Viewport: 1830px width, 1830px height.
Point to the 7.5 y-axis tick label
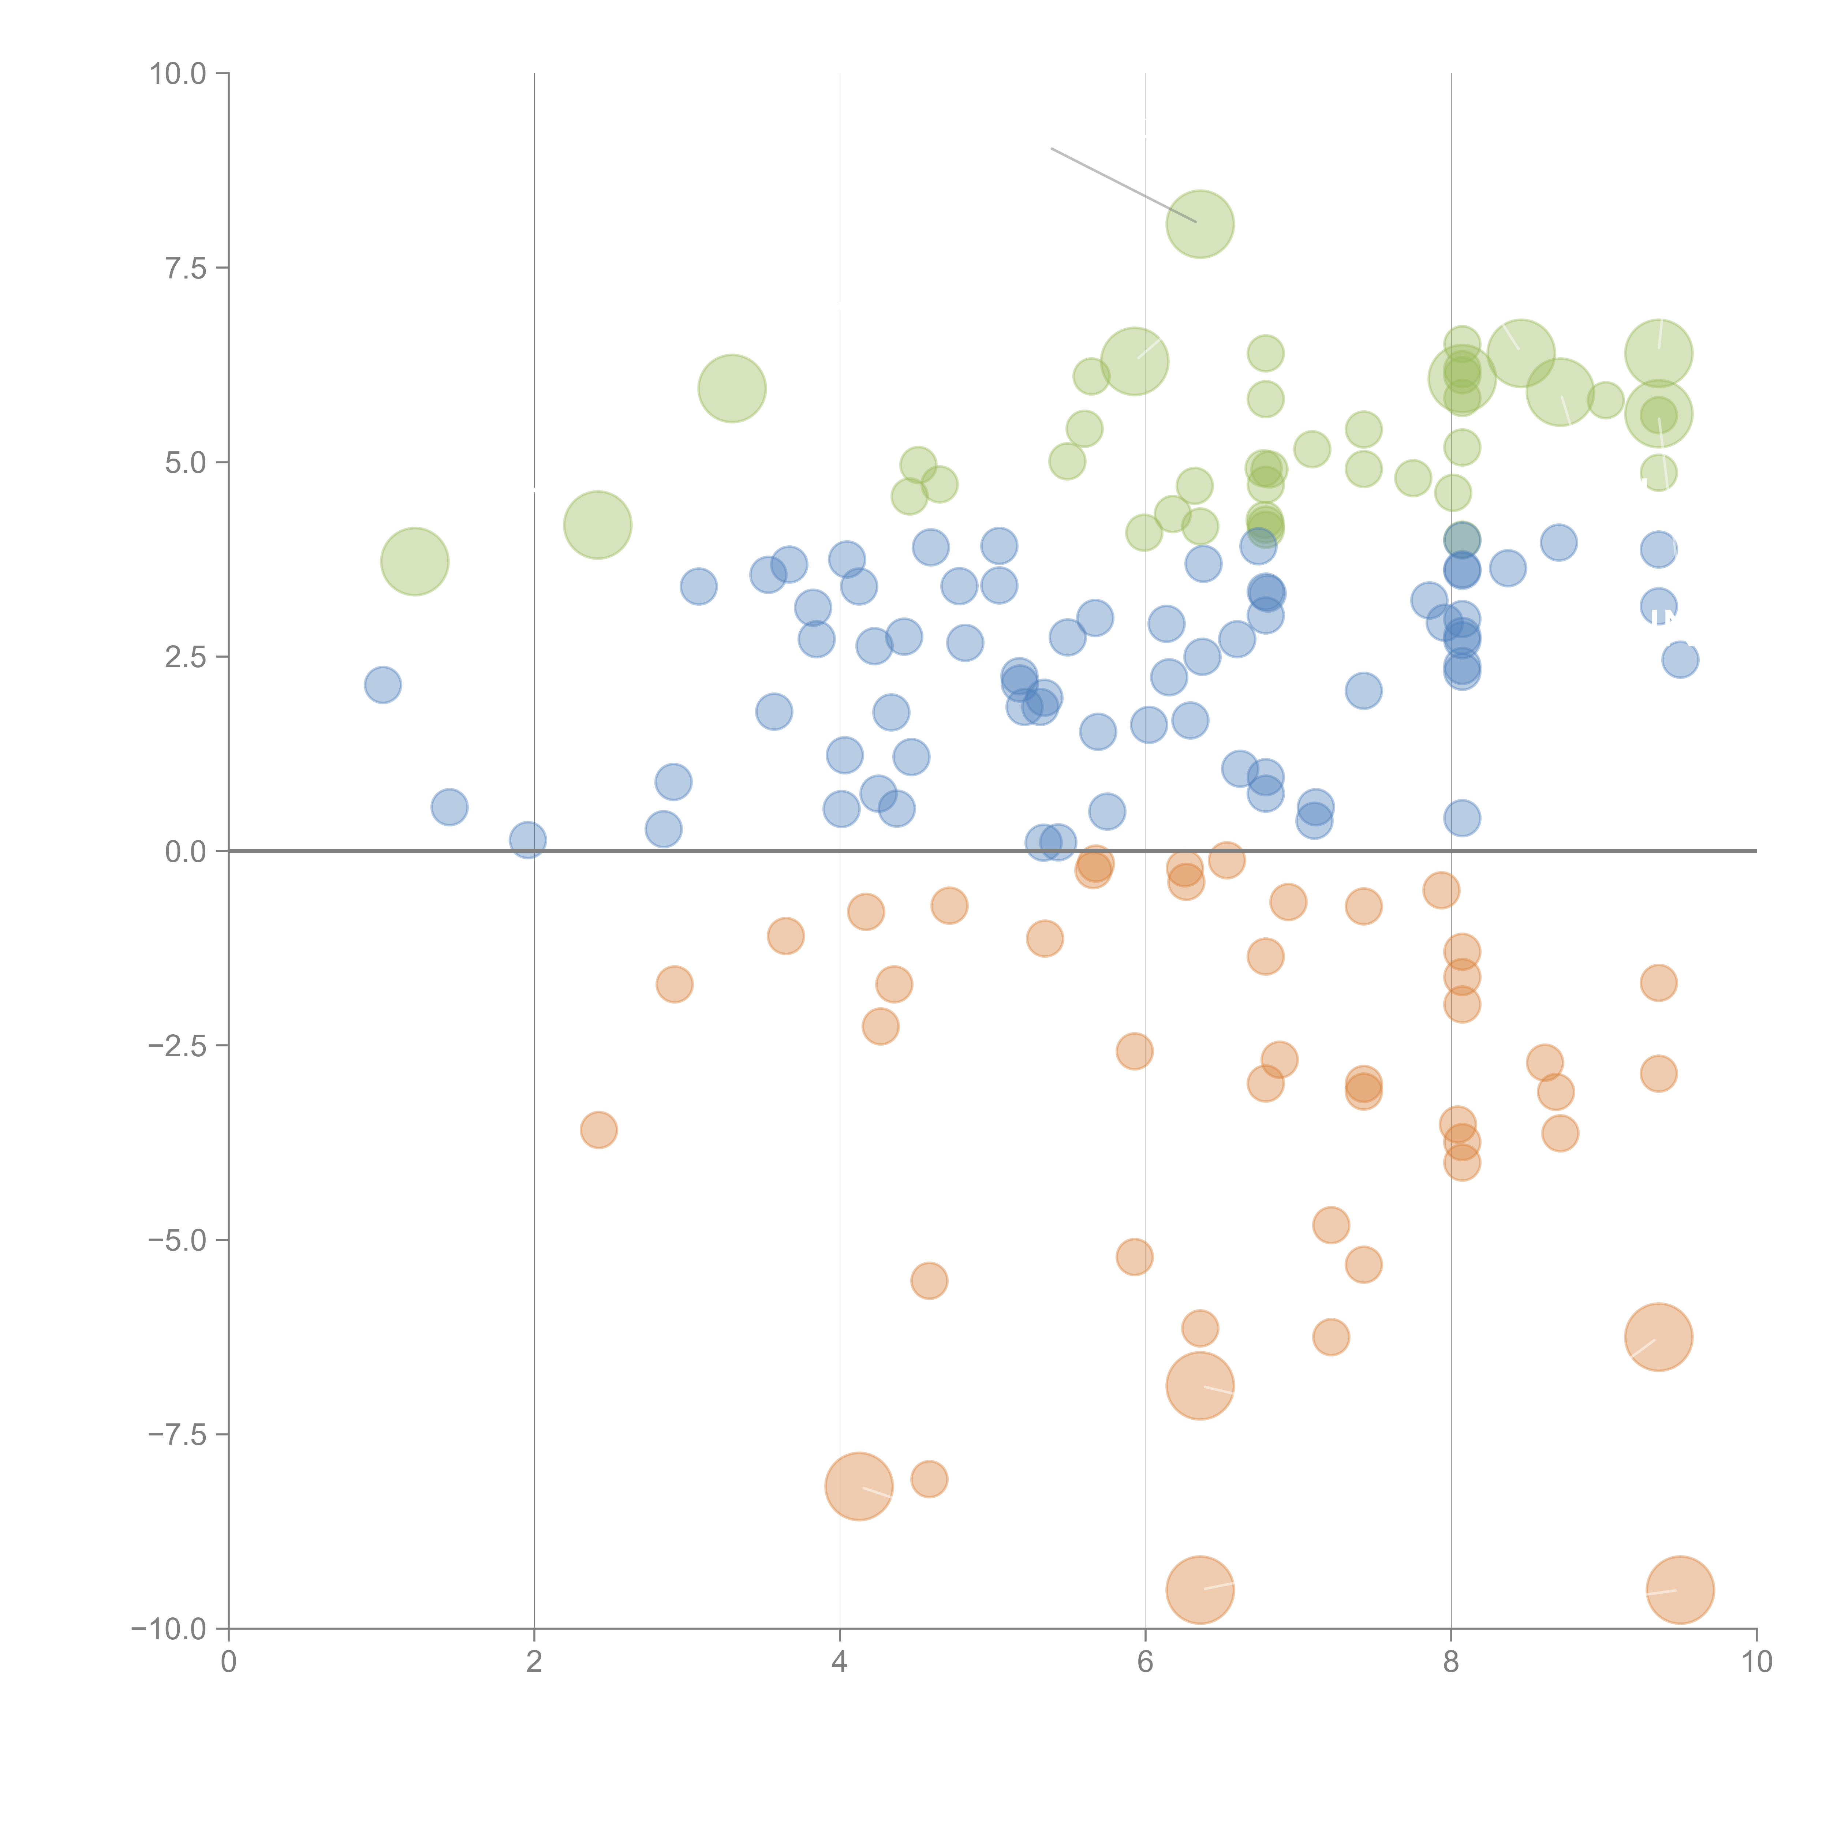(186, 268)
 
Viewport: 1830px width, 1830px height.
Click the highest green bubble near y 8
(1199, 224)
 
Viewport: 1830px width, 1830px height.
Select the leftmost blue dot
(383, 684)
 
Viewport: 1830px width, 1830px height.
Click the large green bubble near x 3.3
(731, 388)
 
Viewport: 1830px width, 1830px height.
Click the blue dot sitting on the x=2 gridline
(528, 839)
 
